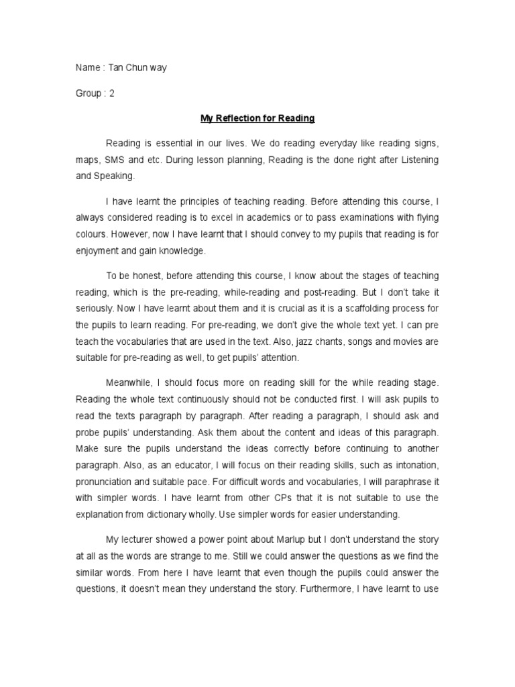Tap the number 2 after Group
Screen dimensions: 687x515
click(112, 94)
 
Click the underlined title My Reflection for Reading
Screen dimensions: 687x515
click(257, 119)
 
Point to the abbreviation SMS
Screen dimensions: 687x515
click(111, 161)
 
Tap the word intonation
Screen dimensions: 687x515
click(414, 464)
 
